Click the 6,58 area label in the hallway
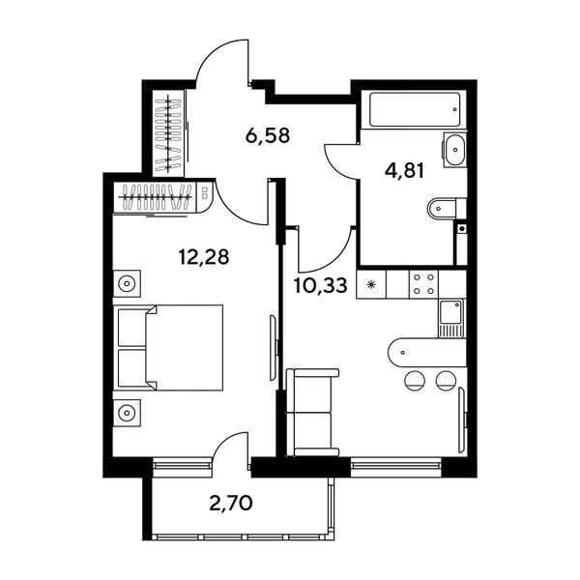pyautogui.click(x=268, y=135)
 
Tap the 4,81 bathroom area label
pyautogui.click(x=404, y=171)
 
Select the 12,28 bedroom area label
pyautogui.click(x=204, y=257)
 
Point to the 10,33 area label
pyautogui.click(x=321, y=285)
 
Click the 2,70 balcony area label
pyautogui.click(x=231, y=503)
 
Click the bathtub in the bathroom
pyautogui.click(x=415, y=110)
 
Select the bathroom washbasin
pyautogui.click(x=454, y=150)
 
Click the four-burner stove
pyautogui.click(x=423, y=284)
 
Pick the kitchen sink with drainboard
pyautogui.click(x=451, y=318)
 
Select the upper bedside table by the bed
pyautogui.click(x=127, y=283)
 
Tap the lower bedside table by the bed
pyautogui.click(x=127, y=413)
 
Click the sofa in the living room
pyautogui.click(x=313, y=413)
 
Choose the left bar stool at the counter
pyautogui.click(x=415, y=380)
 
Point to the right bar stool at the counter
pyautogui.click(x=446, y=380)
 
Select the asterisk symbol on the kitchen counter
pyautogui.click(x=371, y=284)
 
